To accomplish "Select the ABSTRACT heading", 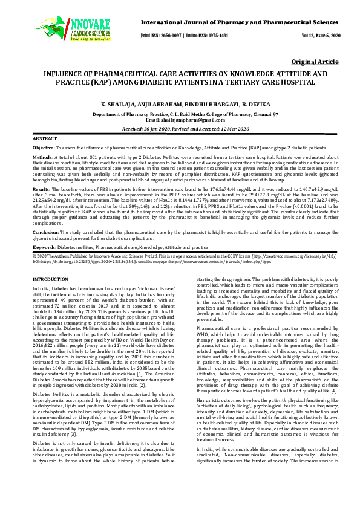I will click(x=44, y=139).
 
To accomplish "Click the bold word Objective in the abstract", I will click(x=43, y=147).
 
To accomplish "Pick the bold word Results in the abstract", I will click(x=41, y=189).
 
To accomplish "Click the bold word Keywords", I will click(x=44, y=247).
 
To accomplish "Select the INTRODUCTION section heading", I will click(x=50, y=279).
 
